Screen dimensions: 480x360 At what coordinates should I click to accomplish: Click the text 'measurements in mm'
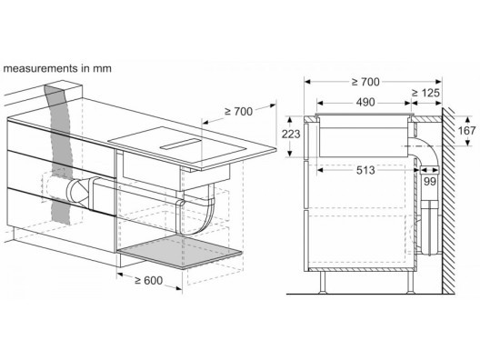tap(57, 68)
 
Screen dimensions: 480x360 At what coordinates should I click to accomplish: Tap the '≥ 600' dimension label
tap(149, 280)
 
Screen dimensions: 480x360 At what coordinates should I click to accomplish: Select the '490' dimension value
tap(365, 102)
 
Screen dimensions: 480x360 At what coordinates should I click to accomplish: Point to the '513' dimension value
tap(365, 170)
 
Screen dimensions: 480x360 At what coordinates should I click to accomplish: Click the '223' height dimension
tap(291, 134)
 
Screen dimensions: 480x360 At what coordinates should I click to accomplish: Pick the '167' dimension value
tap(466, 131)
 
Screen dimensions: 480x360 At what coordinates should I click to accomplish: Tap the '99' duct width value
tap(429, 182)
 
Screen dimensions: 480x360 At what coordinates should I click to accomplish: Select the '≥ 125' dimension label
tap(425, 93)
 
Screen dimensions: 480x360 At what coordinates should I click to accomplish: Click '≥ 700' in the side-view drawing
tap(365, 82)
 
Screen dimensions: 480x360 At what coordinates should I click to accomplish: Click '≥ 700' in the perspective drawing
tap(239, 112)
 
